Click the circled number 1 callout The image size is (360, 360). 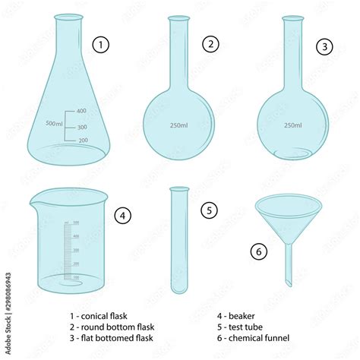100,45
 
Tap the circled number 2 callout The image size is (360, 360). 210,44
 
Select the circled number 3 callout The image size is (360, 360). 325,46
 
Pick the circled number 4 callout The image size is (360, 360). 122,216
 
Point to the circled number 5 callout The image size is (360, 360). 210,208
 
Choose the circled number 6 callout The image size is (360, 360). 258,250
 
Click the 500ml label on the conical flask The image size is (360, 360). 55,124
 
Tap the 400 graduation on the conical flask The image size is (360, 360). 82,111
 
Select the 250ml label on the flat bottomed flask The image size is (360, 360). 292,126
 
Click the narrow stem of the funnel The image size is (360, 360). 287,262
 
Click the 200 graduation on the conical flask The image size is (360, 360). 82,141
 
